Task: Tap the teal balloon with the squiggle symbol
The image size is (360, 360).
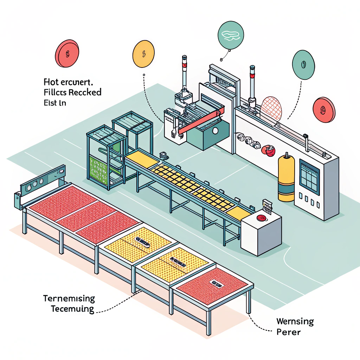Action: coord(231,35)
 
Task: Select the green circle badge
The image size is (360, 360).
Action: coord(303,65)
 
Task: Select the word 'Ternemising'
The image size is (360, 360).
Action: coord(69,299)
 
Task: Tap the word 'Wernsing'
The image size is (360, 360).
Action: coord(295,321)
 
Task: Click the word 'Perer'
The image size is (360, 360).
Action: coord(289,332)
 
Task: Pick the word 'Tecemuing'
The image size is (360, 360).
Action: coord(72,309)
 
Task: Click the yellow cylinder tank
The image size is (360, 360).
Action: coord(286,179)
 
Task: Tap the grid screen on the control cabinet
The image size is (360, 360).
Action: coord(309,177)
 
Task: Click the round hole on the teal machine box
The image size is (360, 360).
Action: coord(215,131)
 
